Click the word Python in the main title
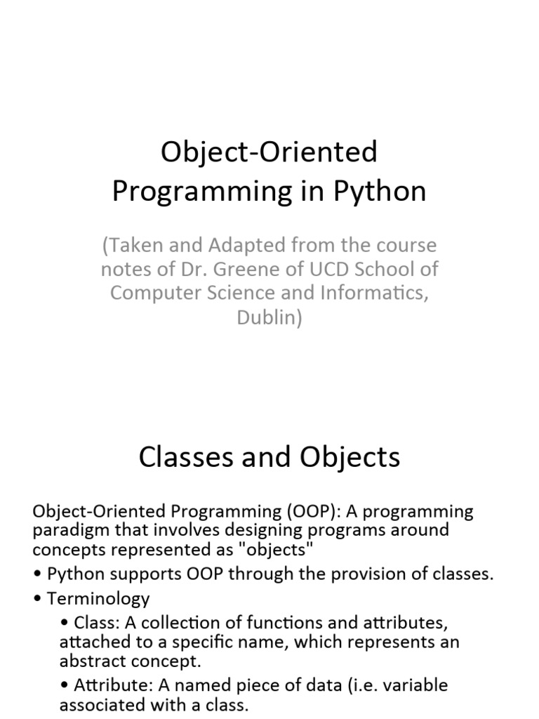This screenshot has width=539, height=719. click(x=380, y=191)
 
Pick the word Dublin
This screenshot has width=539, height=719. click(x=269, y=317)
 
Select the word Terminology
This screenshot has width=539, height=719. click(x=98, y=599)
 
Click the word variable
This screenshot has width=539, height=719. click(x=415, y=685)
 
